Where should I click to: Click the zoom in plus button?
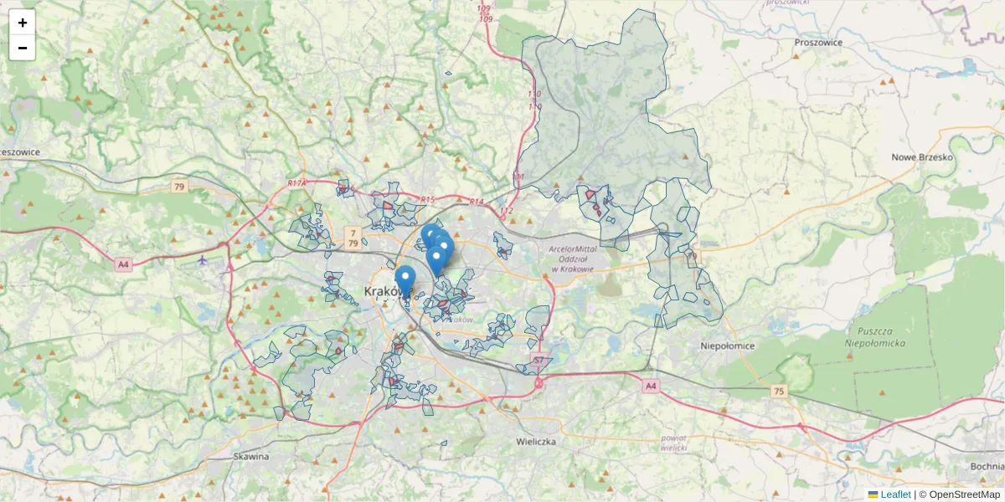point(23,23)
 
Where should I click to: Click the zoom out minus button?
point(23,48)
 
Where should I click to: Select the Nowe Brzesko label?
point(922,157)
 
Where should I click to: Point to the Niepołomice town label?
point(727,346)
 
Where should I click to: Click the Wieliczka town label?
point(536,441)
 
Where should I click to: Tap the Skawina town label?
point(251,457)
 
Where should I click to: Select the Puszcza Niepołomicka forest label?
point(876,336)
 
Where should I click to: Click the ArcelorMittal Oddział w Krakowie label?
point(571,259)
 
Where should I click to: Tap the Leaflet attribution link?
point(895,494)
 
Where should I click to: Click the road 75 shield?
point(780,391)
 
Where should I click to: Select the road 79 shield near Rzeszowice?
point(179,187)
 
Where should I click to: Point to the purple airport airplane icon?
point(203,259)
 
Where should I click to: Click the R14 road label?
point(477,202)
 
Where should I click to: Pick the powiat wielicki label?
point(673,443)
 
